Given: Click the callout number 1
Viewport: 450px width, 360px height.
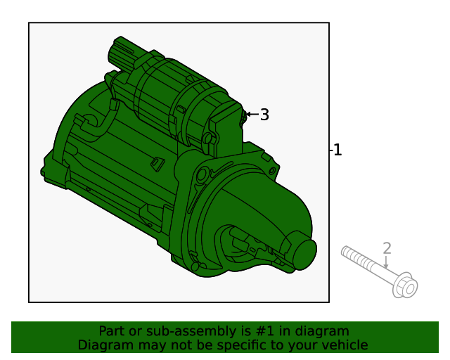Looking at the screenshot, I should click(337, 150).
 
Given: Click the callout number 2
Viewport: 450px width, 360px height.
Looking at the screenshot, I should click(387, 248).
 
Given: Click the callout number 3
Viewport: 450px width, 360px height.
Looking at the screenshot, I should click(264, 115).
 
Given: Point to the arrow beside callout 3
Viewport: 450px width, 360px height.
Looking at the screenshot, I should click(251, 114).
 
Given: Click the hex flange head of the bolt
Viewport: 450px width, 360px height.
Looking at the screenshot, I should click(406, 285).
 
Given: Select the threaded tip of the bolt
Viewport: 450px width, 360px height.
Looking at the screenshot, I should click(347, 251).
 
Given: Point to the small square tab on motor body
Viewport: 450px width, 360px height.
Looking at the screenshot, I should click(157, 164).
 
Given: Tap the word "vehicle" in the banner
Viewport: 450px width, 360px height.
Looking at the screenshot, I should click(344, 345).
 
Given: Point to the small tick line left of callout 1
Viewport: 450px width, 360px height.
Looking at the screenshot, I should click(330, 150).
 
